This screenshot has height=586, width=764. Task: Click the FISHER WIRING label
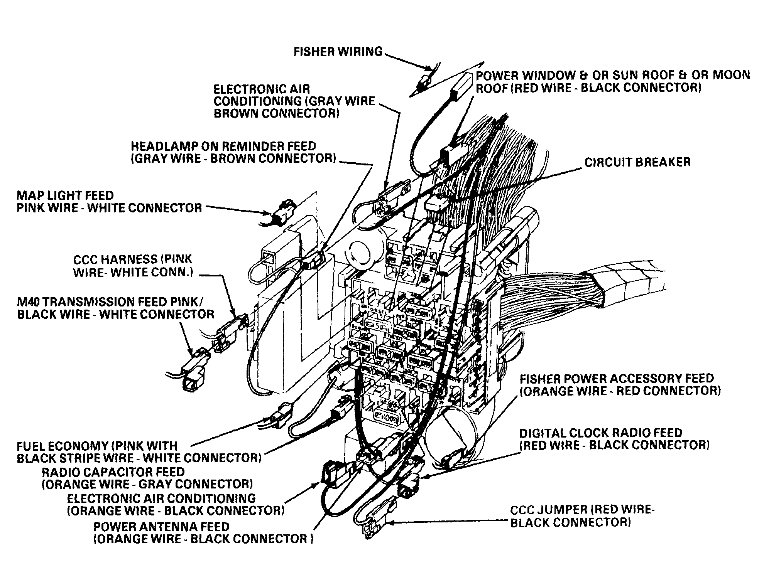pos(338,52)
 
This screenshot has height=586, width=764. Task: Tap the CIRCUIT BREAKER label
pos(637,162)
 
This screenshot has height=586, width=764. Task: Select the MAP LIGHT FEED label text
pos(65,195)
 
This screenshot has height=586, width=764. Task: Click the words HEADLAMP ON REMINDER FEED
pos(223,146)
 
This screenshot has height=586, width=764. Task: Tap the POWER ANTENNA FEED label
pos(161,527)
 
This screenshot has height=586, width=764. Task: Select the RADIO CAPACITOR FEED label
pos(113,472)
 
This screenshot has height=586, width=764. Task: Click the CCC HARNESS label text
pos(116,259)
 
